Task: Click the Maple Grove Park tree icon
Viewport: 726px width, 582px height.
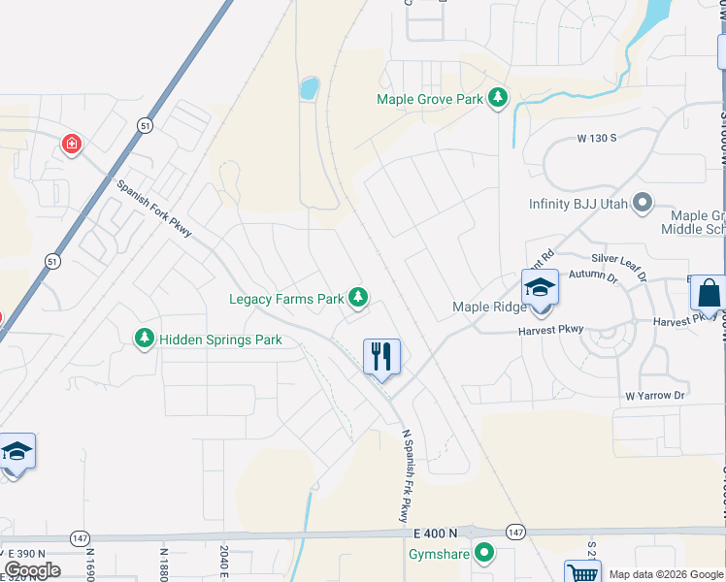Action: point(498,98)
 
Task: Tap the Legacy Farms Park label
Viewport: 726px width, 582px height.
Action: point(286,299)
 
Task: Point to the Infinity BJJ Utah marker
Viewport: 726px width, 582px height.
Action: point(642,204)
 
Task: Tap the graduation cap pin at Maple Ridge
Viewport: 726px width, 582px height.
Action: point(540,288)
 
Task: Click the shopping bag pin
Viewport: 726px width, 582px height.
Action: point(709,292)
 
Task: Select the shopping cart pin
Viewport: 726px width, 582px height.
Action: point(581,572)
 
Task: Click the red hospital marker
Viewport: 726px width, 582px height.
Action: point(72,145)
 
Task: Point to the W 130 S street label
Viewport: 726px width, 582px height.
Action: point(597,139)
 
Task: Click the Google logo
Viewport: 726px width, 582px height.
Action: point(32,570)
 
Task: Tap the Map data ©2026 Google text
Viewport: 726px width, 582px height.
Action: point(666,574)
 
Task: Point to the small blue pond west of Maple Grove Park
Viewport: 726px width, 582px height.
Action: point(310,89)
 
